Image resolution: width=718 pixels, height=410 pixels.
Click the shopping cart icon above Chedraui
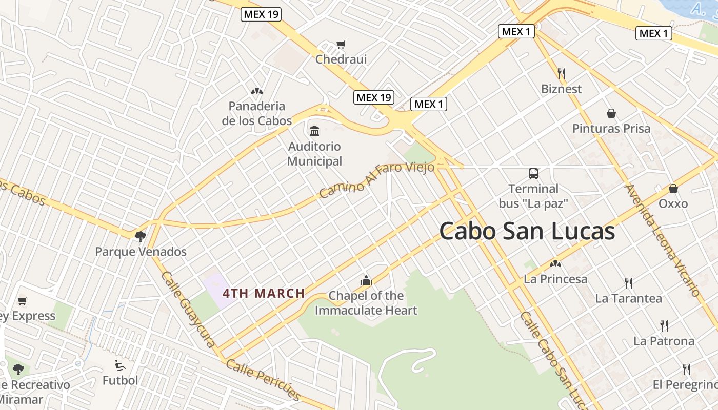341,45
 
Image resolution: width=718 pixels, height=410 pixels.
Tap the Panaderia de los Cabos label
257,113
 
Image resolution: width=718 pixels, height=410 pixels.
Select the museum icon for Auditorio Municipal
314,131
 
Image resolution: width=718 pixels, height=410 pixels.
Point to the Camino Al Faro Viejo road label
376,179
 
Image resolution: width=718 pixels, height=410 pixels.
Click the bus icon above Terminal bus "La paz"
533,173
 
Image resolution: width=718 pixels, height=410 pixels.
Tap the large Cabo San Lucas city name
527,231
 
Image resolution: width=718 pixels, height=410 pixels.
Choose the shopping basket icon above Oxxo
673,189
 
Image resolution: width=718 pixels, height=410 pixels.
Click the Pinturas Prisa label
611,128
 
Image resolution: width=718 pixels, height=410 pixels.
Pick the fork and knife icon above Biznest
562,74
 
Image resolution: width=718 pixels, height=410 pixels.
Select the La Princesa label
555,279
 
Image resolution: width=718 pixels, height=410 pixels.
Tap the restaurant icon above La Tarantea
628,283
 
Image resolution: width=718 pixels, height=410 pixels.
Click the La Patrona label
664,341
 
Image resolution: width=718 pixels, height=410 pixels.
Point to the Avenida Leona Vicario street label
662,240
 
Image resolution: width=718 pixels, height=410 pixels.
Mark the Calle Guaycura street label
188,309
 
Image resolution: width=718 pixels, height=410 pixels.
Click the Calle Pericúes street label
263,380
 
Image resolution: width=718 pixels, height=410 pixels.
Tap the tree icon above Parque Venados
141,236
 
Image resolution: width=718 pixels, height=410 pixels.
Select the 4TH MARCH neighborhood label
264,294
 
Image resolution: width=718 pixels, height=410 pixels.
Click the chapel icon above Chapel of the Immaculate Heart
366,280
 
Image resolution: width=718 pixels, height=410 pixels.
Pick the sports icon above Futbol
120,365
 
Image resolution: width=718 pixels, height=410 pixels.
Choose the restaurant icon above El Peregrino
686,369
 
